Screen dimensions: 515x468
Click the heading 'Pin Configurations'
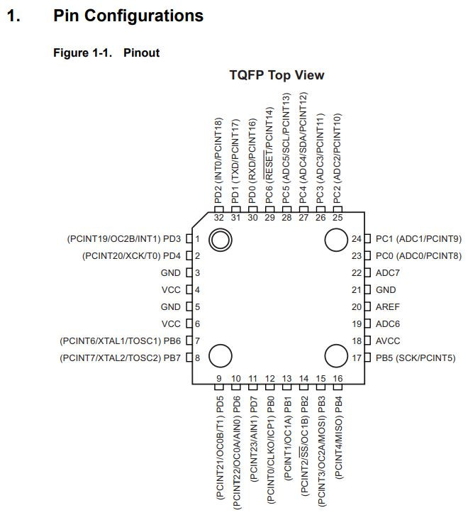(x=128, y=16)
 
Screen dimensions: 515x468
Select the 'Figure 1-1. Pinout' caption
(x=106, y=52)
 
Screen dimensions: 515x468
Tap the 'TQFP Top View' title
(x=277, y=74)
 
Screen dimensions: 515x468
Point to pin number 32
(x=218, y=217)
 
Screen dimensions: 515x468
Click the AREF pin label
(x=389, y=306)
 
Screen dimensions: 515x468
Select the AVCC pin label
(x=388, y=340)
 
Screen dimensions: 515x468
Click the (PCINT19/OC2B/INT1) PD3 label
(x=123, y=238)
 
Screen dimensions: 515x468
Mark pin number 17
(x=357, y=358)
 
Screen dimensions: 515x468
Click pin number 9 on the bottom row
(x=219, y=379)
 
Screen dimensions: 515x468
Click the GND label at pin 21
(x=386, y=289)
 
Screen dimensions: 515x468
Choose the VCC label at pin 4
(x=171, y=289)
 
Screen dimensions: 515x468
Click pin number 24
(x=357, y=238)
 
